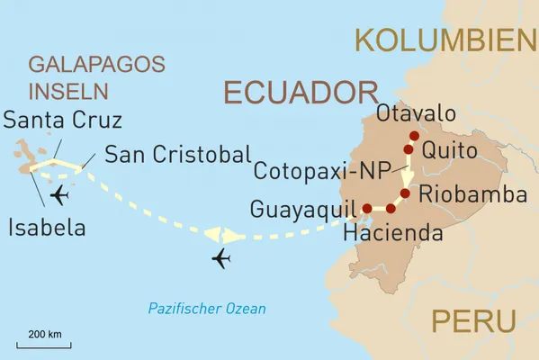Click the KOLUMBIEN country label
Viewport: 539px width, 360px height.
445,40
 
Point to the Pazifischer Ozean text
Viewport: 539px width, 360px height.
208,309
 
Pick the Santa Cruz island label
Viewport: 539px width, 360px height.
63,120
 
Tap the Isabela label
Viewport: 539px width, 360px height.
47,228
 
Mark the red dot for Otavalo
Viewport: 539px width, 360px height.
414,136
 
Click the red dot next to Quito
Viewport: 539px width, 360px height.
409,149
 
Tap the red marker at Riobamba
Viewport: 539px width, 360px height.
405,193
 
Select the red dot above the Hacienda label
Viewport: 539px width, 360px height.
391,209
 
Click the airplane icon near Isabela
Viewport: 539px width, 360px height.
61,195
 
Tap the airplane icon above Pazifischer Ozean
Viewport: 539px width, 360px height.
220,260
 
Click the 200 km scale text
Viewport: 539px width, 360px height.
44,335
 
